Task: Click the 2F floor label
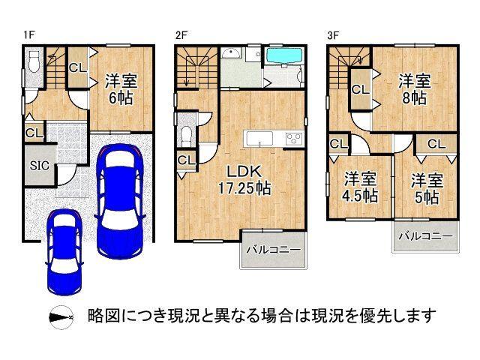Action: click(180, 34)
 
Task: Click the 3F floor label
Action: click(332, 34)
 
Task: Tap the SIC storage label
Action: click(39, 166)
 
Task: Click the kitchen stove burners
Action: click(293, 138)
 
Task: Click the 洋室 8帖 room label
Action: click(412, 88)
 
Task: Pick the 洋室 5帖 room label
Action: click(425, 187)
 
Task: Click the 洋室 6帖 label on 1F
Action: click(119, 88)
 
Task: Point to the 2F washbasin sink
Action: click(231, 55)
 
